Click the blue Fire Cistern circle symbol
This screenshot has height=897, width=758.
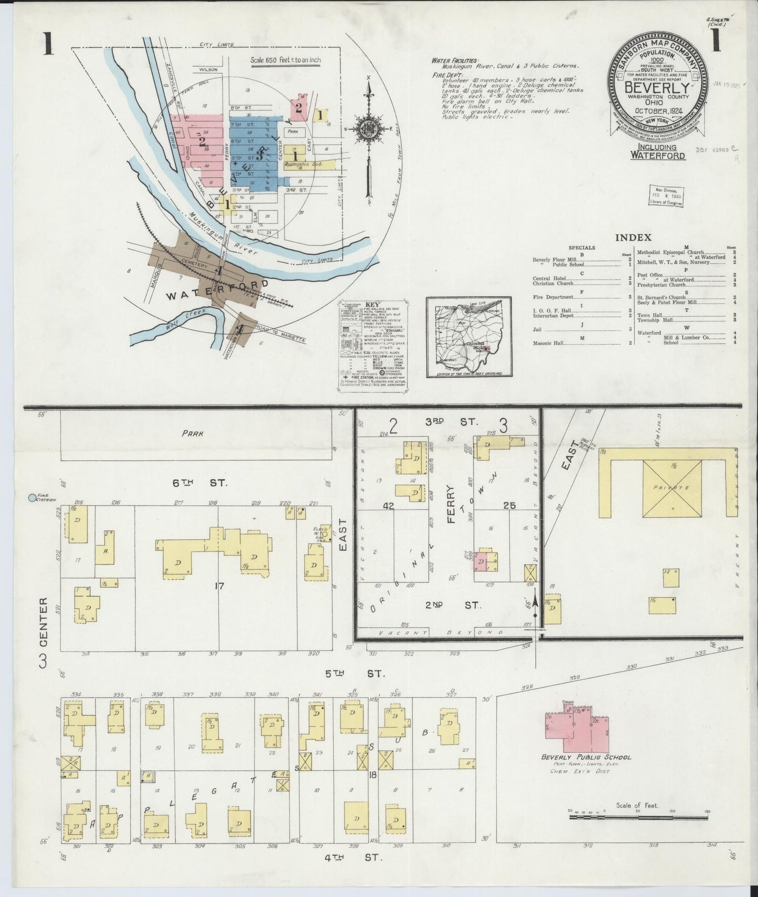pos(33,497)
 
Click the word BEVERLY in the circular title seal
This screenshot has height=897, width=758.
pos(656,88)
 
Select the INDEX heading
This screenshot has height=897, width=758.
pos(633,238)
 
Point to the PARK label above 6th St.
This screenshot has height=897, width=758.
pos(193,434)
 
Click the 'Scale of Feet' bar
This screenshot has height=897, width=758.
pos(638,828)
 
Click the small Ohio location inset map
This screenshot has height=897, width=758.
pos(468,337)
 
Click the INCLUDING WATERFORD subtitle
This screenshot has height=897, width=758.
pos(658,152)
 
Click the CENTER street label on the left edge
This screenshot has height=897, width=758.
pos(44,621)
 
